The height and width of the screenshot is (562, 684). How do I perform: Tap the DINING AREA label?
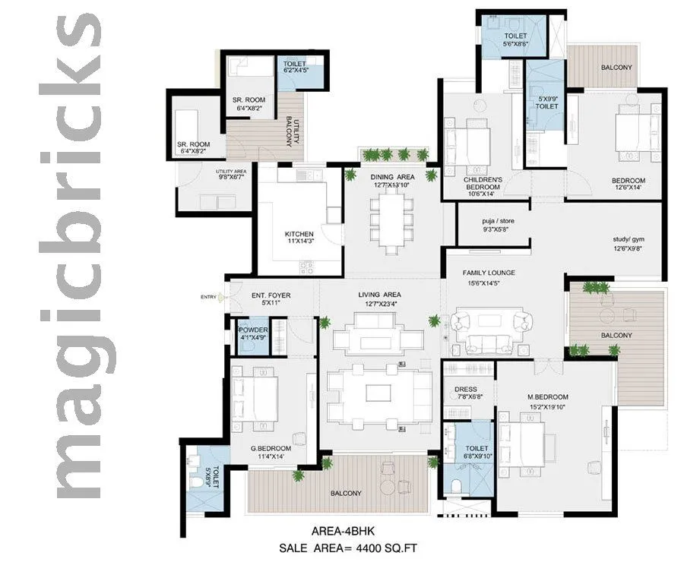[391, 177]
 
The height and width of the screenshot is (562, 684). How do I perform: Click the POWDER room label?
[252, 330]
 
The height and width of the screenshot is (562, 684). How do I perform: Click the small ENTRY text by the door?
[207, 297]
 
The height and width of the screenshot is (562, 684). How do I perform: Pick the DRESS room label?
[465, 390]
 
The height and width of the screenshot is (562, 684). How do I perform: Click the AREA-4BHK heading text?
[343, 531]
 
